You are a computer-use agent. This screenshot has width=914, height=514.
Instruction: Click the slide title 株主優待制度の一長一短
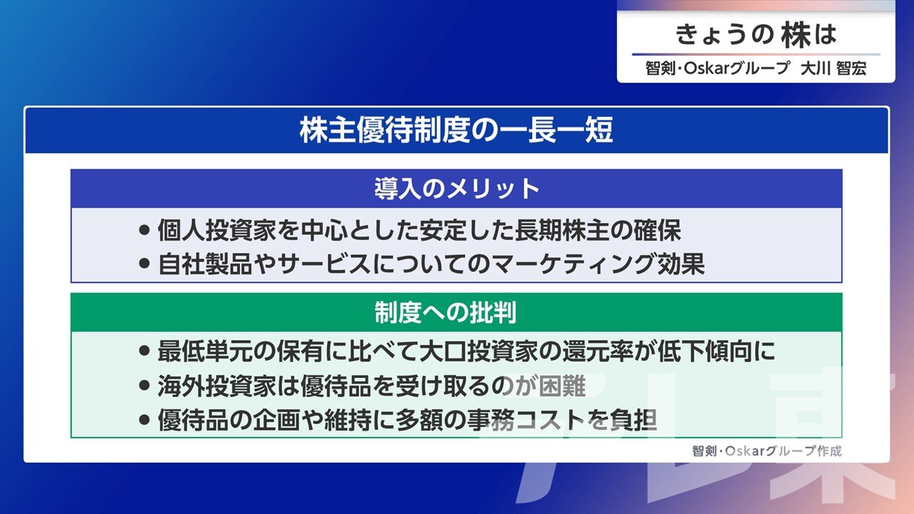click(456, 130)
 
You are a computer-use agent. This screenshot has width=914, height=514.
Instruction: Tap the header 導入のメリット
click(457, 189)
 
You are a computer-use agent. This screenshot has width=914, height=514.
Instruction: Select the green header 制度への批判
click(446, 313)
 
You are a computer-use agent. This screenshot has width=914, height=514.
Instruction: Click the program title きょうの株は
click(756, 35)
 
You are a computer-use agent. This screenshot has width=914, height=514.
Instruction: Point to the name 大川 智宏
click(833, 69)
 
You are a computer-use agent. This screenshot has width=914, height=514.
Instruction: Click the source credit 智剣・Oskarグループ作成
click(767, 450)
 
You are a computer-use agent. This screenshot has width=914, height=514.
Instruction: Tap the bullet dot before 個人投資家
click(144, 230)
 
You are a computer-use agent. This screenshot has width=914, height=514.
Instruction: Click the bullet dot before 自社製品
click(144, 263)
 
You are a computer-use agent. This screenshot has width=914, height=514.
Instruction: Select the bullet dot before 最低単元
click(144, 351)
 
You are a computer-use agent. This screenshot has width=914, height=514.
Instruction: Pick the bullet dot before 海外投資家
click(144, 385)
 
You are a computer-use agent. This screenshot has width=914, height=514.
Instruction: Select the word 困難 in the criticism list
click(562, 386)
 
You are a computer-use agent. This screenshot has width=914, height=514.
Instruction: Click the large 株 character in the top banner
click(796, 35)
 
